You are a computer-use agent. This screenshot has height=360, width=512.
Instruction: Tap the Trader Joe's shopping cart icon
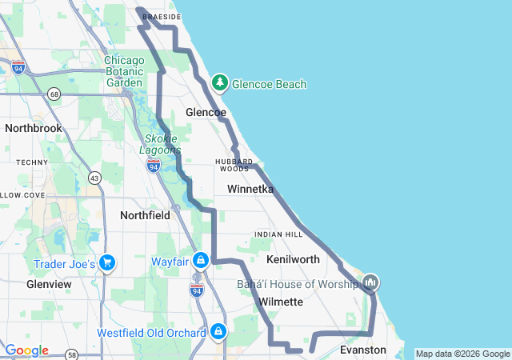coord(107,263)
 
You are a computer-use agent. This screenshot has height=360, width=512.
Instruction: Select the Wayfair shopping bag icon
coord(210,261)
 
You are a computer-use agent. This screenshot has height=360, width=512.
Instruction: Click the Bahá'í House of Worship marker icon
coord(370,282)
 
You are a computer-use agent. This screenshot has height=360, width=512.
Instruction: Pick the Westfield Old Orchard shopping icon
coord(218,331)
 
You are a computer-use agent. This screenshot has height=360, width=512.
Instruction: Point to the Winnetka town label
coord(250,190)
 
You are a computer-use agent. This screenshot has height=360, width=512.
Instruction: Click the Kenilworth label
coord(293,259)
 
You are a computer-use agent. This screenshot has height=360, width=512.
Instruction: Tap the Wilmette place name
coord(281,302)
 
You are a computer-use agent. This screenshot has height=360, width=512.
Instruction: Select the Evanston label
coord(362,350)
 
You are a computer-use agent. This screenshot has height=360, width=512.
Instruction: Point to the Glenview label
coord(49,284)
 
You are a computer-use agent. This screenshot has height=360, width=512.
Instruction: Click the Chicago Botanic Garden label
coord(124,71)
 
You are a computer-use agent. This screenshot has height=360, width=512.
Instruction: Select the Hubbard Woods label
coord(234,165)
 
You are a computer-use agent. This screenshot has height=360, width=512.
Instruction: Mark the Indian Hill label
coord(278,234)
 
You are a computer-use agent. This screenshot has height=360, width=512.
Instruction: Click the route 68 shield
coord(54,94)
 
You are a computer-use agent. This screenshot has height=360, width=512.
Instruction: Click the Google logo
coord(26,350)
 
